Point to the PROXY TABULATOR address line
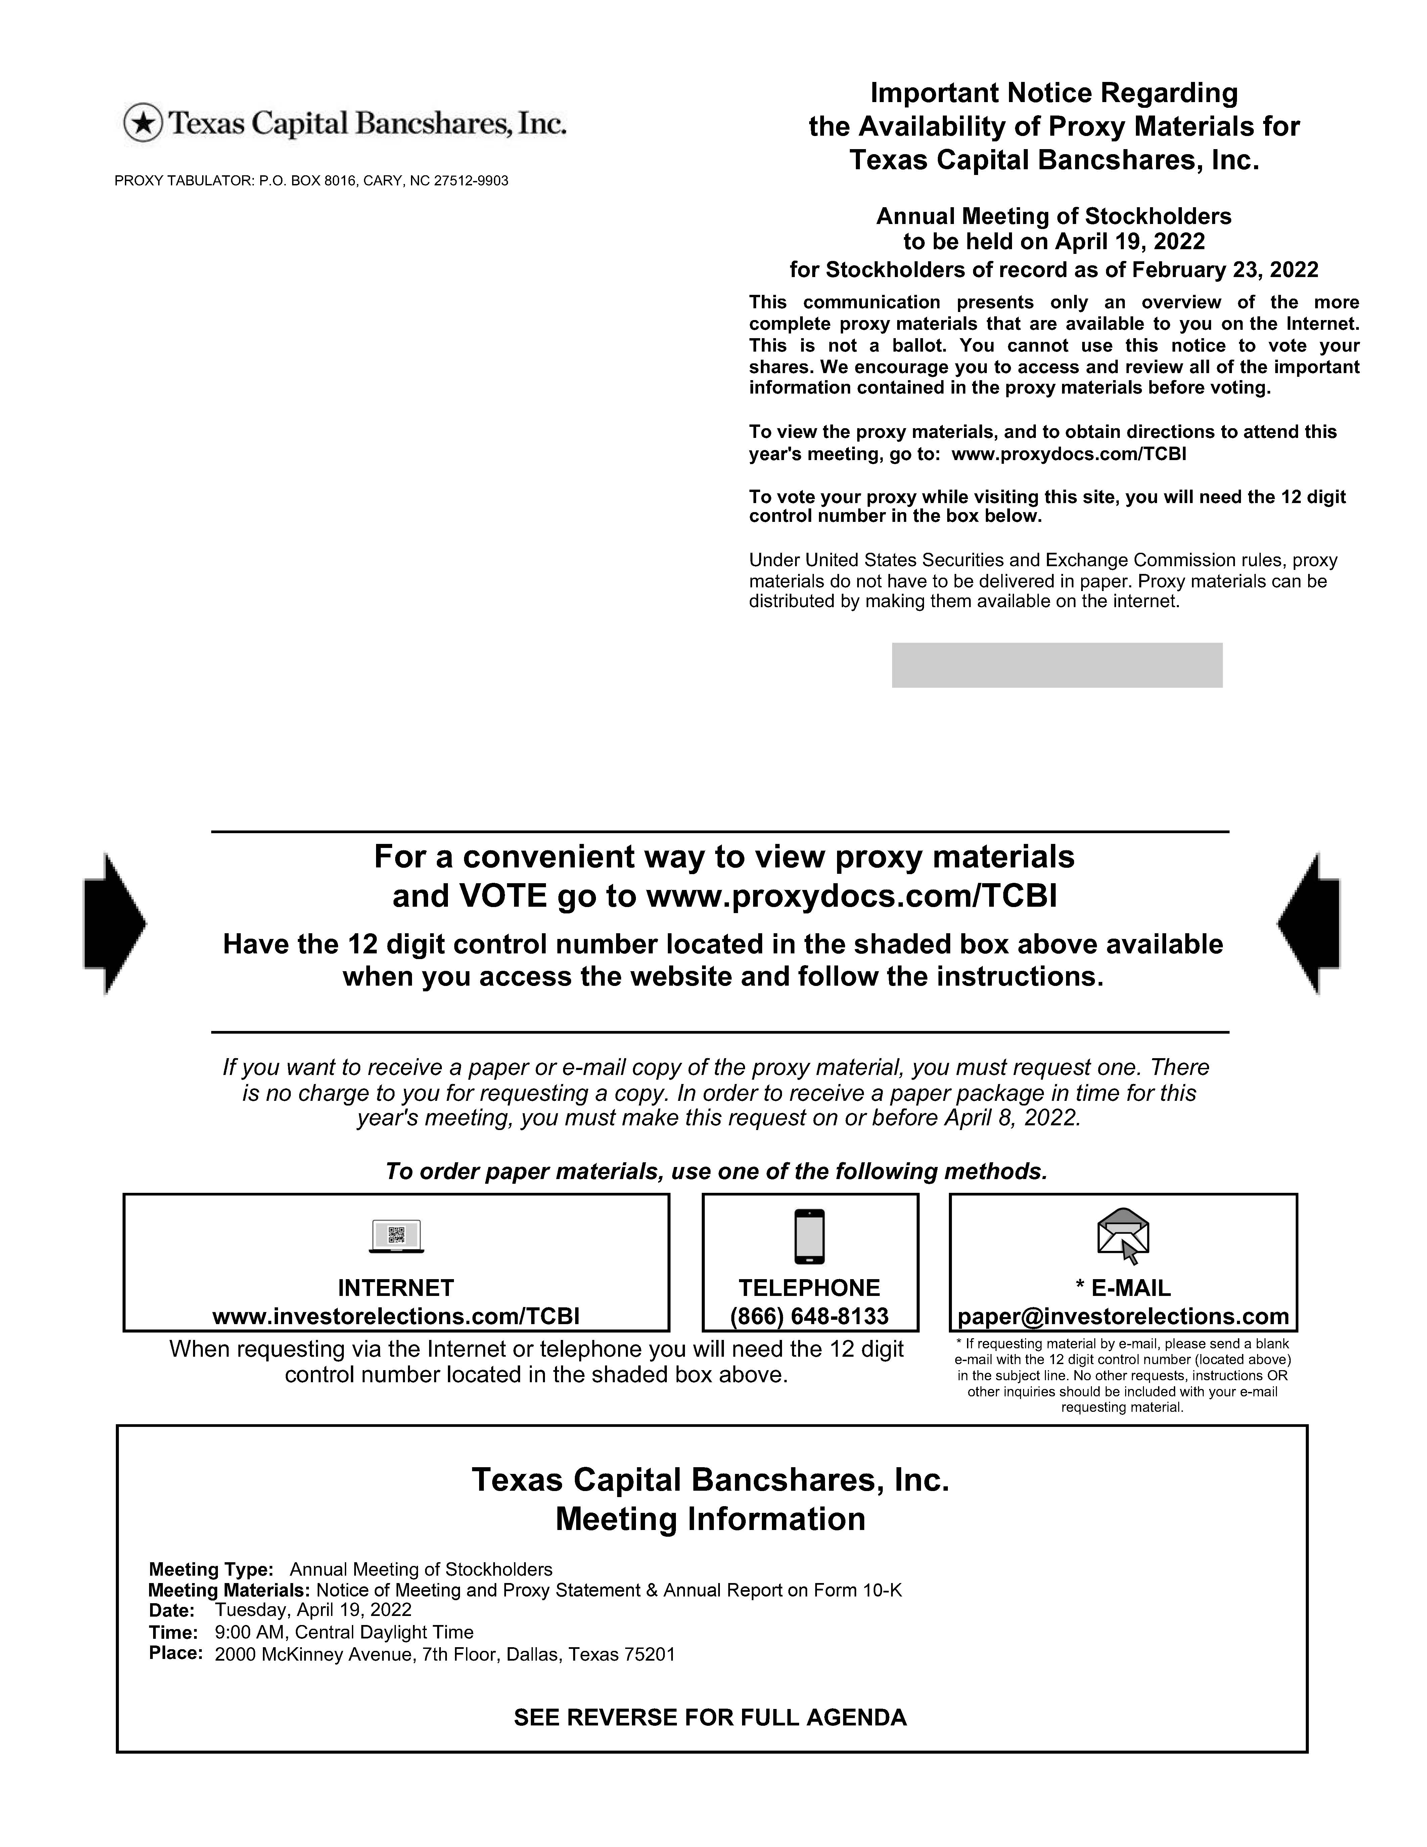coord(311,181)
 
